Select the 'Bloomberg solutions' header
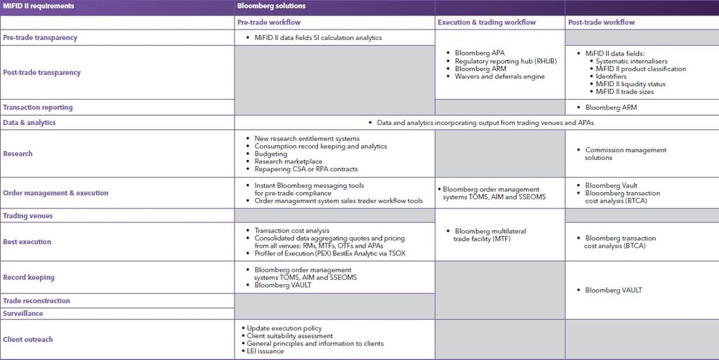[x=271, y=6]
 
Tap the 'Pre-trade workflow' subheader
[x=270, y=22]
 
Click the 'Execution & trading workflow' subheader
[x=487, y=22]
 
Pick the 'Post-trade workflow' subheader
[x=602, y=22]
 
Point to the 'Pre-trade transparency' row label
[x=40, y=37]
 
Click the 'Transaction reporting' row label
[x=38, y=107]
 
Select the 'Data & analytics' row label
[x=29, y=123]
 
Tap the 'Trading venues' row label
[x=28, y=216]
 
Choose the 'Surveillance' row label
[x=23, y=314]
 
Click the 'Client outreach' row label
[x=28, y=340]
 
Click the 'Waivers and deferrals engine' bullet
[x=499, y=76]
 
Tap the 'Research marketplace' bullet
[x=288, y=161]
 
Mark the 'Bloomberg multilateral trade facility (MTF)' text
[x=490, y=234]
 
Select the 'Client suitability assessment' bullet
[x=289, y=336]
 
